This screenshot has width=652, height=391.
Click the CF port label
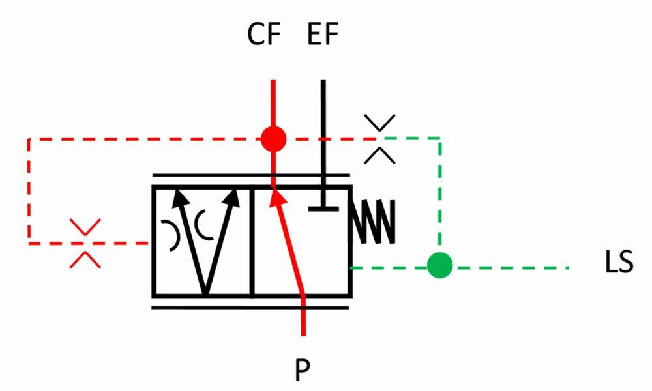[x=264, y=34]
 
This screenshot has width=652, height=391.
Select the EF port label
[x=323, y=34]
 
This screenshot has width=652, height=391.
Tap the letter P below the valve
[x=303, y=370]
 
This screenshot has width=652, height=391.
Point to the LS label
[x=619, y=262]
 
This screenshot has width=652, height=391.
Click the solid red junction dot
[x=274, y=139]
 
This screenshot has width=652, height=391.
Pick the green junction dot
[x=440, y=265]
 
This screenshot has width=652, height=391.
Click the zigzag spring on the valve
[x=374, y=222]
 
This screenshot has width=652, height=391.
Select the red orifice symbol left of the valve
[x=85, y=243]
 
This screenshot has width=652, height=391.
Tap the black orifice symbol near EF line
[x=379, y=139]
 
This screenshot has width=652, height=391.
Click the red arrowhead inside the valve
[x=278, y=197]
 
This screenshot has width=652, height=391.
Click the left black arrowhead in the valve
[x=180, y=197]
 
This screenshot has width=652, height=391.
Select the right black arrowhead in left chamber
[x=232, y=198]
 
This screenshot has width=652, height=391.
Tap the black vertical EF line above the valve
[x=323, y=133]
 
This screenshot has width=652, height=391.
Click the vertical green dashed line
[x=440, y=195]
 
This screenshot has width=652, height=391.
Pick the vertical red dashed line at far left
[x=29, y=191]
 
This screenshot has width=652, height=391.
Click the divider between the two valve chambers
[x=252, y=242]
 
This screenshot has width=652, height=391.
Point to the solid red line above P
[x=303, y=316]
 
